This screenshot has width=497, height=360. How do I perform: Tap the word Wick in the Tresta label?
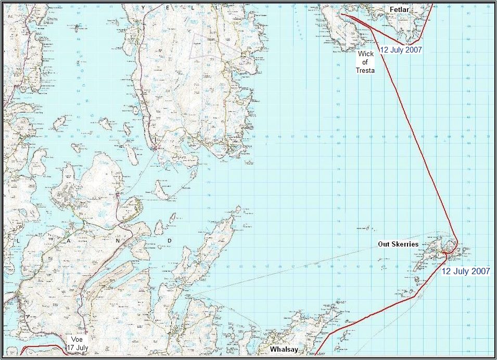pos(365,54)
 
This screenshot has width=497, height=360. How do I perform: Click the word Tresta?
pos(365,70)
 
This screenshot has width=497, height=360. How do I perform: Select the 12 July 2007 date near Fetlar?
pos(400,50)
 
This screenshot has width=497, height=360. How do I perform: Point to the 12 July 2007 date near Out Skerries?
pos(466,271)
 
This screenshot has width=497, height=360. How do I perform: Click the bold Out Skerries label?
pos(398,244)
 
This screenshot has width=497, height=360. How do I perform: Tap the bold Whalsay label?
pos(284,350)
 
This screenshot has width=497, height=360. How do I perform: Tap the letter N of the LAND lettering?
pos(118,241)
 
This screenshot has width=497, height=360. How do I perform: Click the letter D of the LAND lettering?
pos(170,241)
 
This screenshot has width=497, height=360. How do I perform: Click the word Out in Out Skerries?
pos(384,244)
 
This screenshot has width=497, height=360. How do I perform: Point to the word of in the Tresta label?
pos(365,62)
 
